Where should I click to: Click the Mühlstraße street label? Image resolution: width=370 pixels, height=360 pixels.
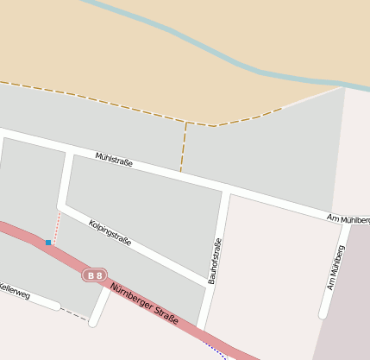click(x=114, y=159)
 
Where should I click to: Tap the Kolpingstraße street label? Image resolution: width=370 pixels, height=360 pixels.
click(x=110, y=233)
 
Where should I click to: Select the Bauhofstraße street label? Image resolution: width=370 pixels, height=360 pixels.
click(x=214, y=262)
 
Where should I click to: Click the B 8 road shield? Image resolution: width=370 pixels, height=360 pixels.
click(x=94, y=275)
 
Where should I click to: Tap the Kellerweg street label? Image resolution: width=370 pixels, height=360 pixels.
click(x=15, y=291)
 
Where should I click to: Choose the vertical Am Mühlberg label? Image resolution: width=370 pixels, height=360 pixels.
click(x=336, y=266)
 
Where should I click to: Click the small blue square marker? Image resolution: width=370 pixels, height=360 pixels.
click(x=48, y=243)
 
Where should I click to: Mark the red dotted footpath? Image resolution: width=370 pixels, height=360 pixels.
click(x=55, y=227)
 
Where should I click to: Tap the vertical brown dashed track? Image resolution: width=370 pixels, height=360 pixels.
click(x=184, y=147)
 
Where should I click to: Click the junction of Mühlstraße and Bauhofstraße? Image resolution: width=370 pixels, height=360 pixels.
click(x=225, y=188)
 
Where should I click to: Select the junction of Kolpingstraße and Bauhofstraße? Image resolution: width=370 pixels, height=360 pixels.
click(x=210, y=284)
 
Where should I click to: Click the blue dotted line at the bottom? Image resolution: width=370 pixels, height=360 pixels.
click(x=216, y=350)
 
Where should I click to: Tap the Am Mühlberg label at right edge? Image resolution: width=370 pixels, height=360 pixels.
click(x=349, y=218)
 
